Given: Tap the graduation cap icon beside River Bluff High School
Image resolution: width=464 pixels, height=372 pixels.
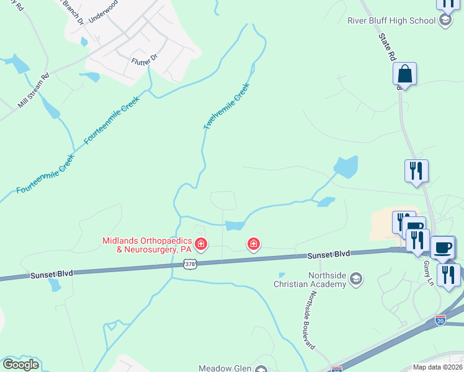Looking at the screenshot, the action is pyautogui.click(x=445, y=20).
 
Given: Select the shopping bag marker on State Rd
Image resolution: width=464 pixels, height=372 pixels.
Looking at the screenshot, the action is pyautogui.click(x=404, y=74).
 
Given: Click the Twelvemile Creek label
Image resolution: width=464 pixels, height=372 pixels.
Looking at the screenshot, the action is pyautogui.click(x=226, y=106).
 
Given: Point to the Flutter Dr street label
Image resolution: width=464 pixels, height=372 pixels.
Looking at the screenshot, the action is pyautogui.click(x=145, y=61).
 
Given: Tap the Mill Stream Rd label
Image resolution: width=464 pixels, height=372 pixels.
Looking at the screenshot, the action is pyautogui.click(x=33, y=92).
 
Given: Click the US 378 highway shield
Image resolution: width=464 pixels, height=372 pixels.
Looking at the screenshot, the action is pyautogui.click(x=190, y=264).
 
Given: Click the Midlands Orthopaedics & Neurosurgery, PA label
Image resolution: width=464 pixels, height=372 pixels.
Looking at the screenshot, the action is pyautogui.click(x=147, y=245).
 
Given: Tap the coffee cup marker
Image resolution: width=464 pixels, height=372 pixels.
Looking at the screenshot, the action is pyautogui.click(x=442, y=247).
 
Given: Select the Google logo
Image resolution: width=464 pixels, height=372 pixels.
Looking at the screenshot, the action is pyautogui.click(x=20, y=365).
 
